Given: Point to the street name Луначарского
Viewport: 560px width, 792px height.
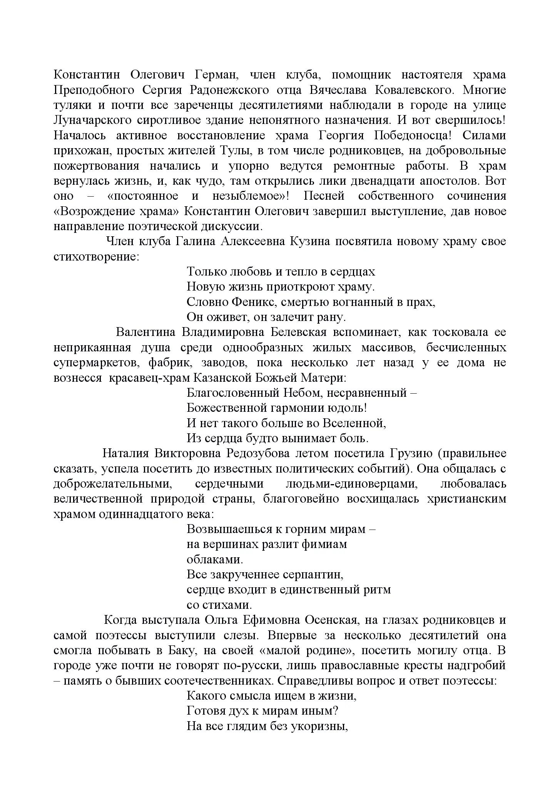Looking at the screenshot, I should tap(92, 120).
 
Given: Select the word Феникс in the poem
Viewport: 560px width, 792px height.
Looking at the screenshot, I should tap(254, 302).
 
